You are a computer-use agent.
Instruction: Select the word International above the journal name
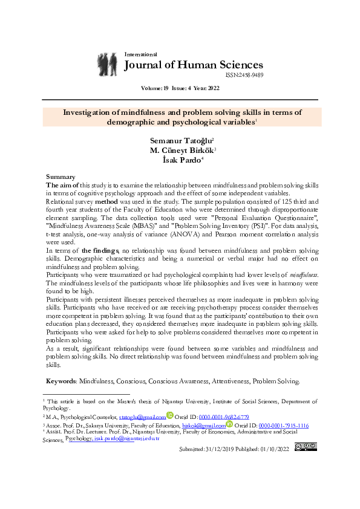point(140,54)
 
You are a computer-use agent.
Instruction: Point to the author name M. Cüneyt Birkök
point(180,150)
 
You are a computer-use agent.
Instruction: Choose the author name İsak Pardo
point(180,160)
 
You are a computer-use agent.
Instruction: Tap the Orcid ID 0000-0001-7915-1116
point(284,426)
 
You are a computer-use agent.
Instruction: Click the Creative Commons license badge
point(306,447)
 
